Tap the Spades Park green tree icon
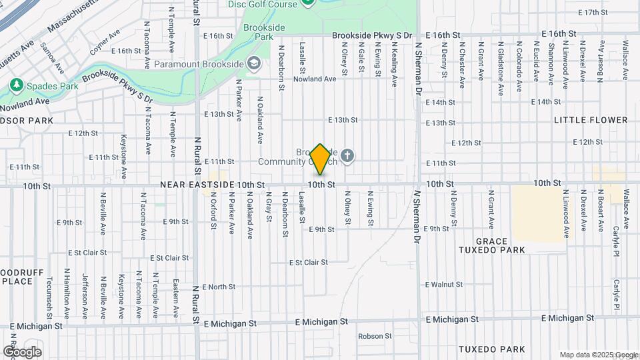pos(16,85)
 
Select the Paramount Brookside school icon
pos(253,64)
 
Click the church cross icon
pos(347,157)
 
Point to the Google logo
pos(22,351)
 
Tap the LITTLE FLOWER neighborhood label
pos(591,120)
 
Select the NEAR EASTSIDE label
pos(197,184)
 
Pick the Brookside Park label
pos(264,32)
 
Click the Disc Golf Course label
pos(261,4)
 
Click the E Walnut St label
pos(448,285)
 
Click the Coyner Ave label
pos(104,41)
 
